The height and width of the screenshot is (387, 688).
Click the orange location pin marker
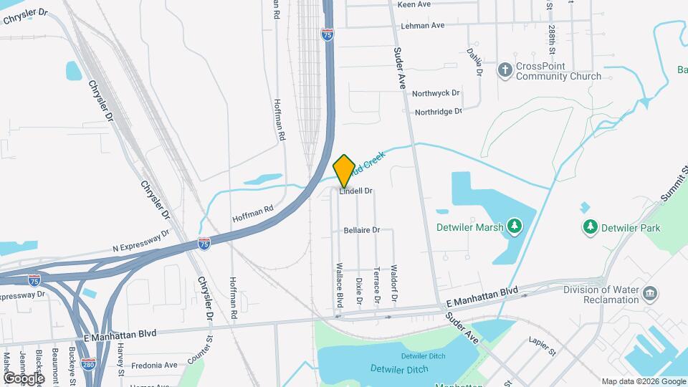(x=344, y=171)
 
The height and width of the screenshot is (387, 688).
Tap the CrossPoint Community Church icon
(x=505, y=70)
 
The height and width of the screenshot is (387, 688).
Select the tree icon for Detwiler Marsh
(x=514, y=227)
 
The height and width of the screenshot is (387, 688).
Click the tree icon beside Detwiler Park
(x=590, y=227)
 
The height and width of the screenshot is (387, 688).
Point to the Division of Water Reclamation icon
(x=650, y=294)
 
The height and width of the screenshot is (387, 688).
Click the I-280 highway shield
(x=88, y=365)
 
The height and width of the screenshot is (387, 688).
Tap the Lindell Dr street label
(x=356, y=191)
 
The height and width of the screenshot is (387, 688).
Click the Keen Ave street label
(x=414, y=4)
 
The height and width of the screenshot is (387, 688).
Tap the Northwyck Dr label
(x=436, y=94)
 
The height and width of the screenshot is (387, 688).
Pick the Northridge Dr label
(x=438, y=112)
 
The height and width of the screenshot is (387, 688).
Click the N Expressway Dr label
(x=140, y=241)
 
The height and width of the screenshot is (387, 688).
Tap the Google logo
(x=23, y=378)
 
